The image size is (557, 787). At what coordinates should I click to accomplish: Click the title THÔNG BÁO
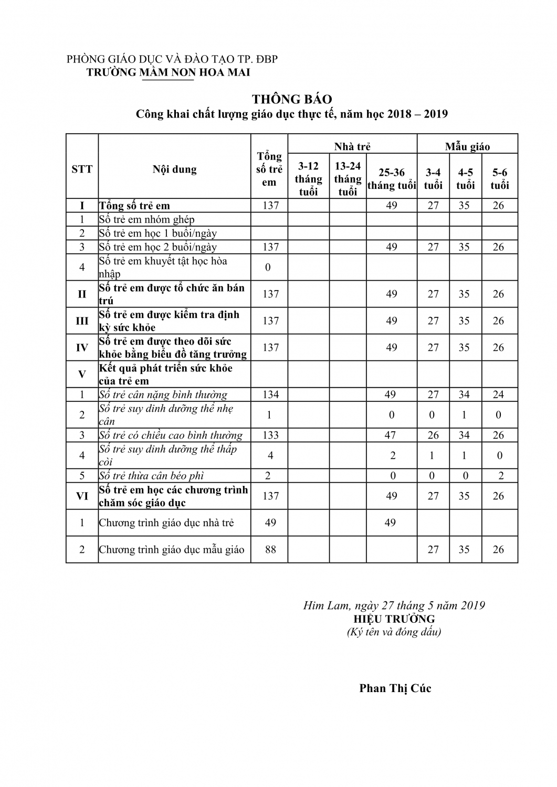coord(292,99)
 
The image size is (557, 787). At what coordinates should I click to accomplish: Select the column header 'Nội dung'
coord(174,169)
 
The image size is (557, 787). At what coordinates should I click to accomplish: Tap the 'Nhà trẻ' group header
coord(352,146)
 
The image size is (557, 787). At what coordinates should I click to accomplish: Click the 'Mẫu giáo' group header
coord(467,146)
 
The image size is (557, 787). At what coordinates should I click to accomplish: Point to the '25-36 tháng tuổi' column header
coord(392,179)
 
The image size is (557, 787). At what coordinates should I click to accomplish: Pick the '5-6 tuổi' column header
coord(500,179)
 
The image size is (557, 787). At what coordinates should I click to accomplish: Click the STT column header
coord(82,169)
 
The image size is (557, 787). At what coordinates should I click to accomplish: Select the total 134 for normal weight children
coord(270,395)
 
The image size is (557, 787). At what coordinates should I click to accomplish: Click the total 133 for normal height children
coord(270,435)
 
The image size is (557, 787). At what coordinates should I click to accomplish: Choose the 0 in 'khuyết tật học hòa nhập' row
coord(268,268)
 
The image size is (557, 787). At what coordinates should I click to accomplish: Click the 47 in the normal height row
coord(391,435)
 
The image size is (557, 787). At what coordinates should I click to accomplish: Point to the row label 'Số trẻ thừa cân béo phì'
coord(151,476)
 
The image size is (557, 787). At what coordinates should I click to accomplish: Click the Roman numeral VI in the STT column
coord(82,496)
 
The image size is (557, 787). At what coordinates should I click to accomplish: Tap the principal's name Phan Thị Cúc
coord(395,688)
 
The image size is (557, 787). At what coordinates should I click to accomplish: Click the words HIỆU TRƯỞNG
coord(394,619)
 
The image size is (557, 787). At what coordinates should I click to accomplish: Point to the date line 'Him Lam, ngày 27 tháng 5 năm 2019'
coord(394,605)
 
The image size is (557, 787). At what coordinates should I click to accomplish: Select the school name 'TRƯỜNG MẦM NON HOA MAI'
coord(168,72)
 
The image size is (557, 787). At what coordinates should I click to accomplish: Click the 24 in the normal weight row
coord(498,395)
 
